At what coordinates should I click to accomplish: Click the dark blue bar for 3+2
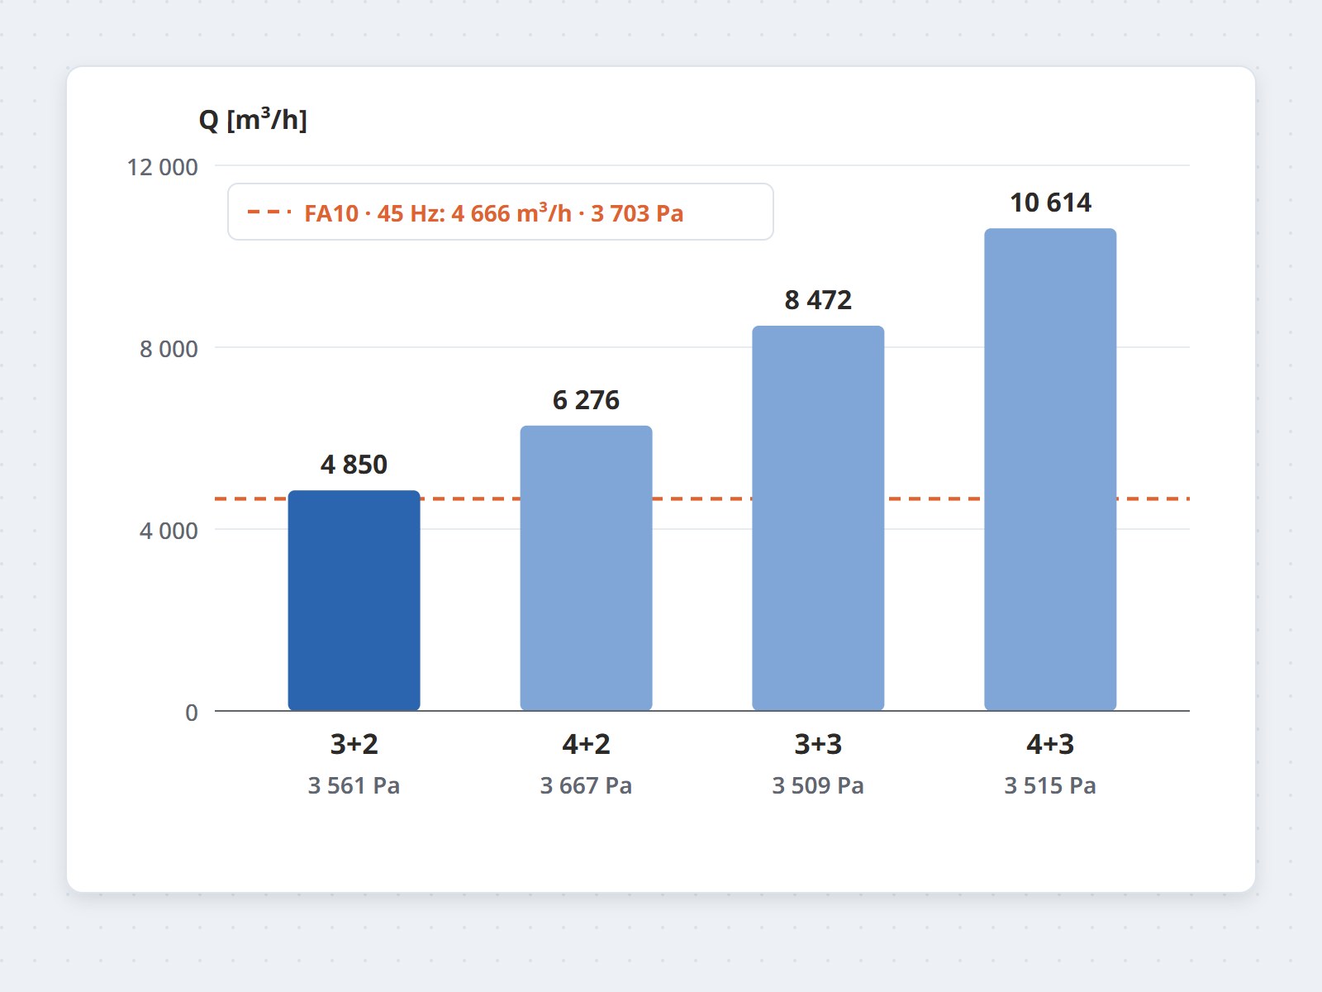(x=354, y=600)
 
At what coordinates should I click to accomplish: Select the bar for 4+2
(x=586, y=568)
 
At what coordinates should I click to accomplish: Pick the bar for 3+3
(x=818, y=518)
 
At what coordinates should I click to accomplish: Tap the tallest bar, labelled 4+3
(x=1050, y=470)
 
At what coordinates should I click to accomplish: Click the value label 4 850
(x=354, y=465)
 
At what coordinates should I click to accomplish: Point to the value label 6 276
(x=586, y=400)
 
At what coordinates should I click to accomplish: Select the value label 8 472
(x=818, y=300)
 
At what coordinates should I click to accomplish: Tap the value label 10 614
(x=1050, y=203)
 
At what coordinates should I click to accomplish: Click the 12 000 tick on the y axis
(x=162, y=167)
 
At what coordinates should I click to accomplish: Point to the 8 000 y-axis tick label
(x=169, y=349)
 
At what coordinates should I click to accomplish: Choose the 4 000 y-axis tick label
(x=169, y=531)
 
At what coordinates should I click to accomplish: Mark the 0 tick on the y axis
(x=192, y=713)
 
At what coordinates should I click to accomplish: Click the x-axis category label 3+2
(x=354, y=744)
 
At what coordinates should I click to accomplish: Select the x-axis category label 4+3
(x=1050, y=744)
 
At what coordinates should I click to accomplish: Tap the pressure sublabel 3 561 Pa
(x=354, y=785)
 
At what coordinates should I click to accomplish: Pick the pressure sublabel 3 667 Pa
(x=586, y=785)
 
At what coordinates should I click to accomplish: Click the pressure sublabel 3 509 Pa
(x=818, y=785)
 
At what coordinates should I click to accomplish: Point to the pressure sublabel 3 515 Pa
(x=1050, y=785)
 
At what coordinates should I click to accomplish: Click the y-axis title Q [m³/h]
(x=253, y=119)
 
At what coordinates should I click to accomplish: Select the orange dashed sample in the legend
(x=269, y=212)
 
